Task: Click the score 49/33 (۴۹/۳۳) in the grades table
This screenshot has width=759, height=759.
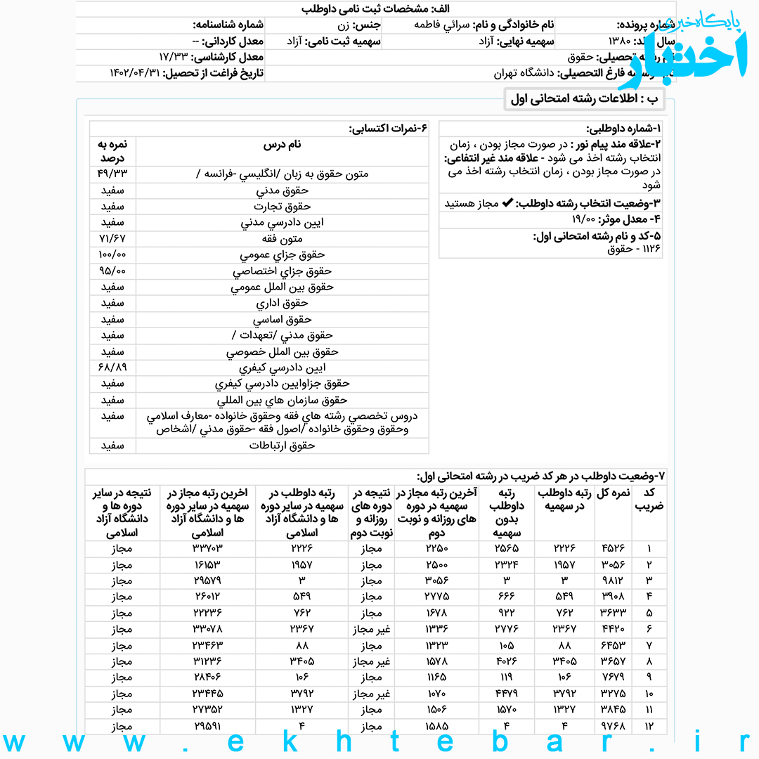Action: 112,174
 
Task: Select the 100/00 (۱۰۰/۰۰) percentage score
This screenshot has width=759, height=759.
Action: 112,254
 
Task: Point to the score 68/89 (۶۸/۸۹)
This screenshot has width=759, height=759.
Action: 112,368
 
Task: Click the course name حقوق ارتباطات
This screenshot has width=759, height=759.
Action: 282,446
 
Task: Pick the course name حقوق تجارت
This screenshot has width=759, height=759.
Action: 282,206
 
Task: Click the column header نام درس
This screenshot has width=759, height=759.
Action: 282,144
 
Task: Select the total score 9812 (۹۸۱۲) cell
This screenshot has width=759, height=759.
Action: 613,580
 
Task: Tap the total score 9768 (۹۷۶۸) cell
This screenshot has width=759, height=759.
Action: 613,725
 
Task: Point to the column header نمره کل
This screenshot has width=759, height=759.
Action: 613,493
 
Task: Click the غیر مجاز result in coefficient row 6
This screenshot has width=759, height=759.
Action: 372,628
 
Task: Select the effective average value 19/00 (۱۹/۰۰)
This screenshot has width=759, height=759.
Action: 590,219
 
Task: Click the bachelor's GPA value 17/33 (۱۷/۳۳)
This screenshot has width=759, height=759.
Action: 175,57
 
